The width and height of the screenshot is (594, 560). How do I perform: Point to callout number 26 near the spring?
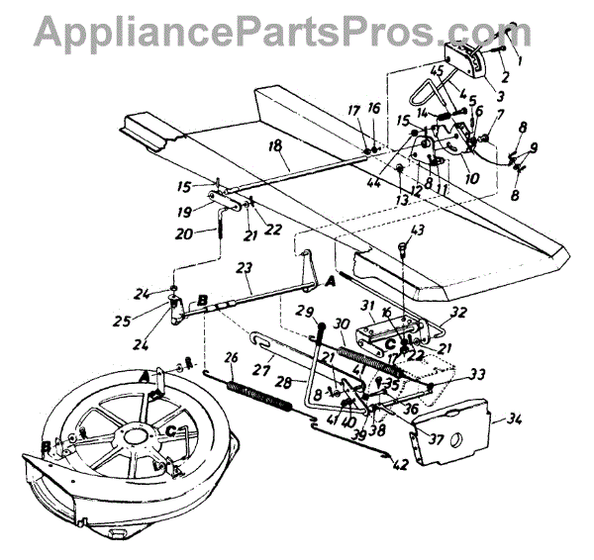tap(233, 359)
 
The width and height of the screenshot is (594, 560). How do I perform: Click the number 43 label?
tap(415, 230)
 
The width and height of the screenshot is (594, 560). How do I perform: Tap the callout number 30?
tap(344, 324)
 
